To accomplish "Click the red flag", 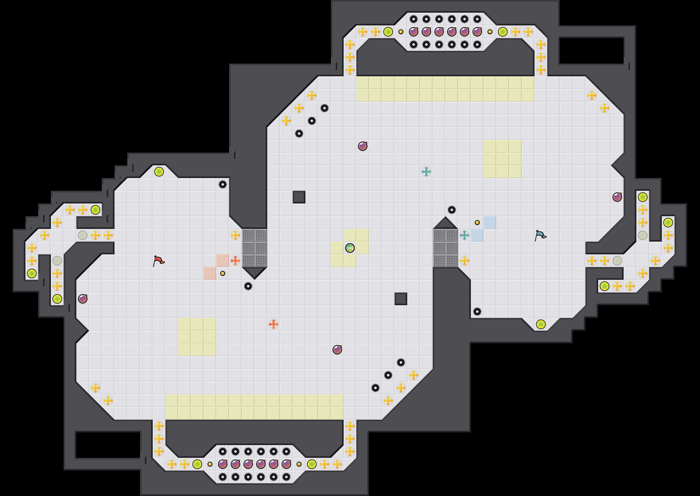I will point(158,261).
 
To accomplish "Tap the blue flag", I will point(540,235).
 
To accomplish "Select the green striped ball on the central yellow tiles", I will point(350,248).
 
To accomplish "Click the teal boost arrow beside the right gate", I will point(464,235).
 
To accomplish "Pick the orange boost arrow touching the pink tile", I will point(235,261).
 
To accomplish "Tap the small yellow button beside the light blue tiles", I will point(477,223).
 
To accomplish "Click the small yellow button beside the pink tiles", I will point(223,273).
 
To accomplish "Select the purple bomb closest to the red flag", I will point(83,299).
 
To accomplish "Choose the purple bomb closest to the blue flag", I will point(617,197).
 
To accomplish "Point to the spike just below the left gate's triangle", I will point(248,286).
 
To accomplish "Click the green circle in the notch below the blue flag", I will point(541,324).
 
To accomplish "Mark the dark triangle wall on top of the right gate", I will point(445,224).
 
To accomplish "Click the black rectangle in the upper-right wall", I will point(591,51).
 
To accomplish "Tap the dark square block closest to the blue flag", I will point(401,299).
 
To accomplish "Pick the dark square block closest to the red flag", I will point(299,197).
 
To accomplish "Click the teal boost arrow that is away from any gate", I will point(426,172).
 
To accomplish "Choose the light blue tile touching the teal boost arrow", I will point(477,235).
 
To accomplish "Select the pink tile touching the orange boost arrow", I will point(222,261).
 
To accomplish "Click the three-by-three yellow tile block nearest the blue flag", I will point(502,159).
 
